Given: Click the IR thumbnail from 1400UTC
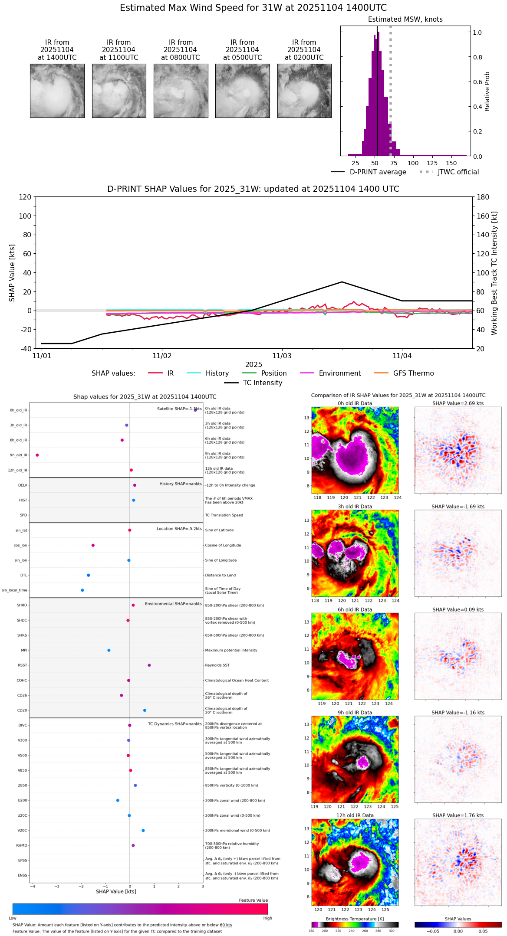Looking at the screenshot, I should coord(57,91).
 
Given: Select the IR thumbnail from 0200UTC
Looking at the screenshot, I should coord(304,91).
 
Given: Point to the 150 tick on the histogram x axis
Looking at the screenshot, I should coord(451,163).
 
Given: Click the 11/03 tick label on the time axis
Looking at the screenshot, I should coord(282,356).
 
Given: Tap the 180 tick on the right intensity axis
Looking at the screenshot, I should coord(483,197).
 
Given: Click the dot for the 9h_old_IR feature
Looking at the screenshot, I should coord(37,455).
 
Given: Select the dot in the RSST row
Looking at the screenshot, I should coord(149,665).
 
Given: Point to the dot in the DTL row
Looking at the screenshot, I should coord(89,575).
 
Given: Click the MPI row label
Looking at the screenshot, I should coord(24,650).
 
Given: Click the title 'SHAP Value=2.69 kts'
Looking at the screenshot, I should coord(458,403).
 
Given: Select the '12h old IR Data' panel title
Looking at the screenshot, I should coord(355,815).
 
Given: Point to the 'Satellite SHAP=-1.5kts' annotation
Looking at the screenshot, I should coord(179,409).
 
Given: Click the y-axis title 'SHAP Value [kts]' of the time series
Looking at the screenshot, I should coord(12,273).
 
